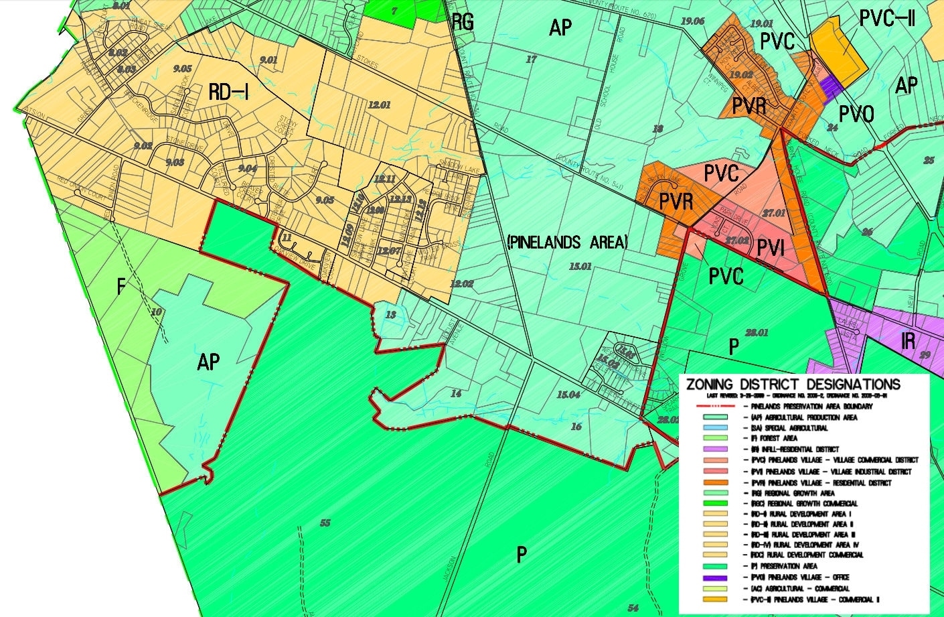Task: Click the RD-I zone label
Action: (x=228, y=92)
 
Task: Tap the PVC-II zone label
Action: (x=887, y=19)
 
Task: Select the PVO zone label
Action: (x=856, y=115)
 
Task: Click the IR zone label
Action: (x=909, y=341)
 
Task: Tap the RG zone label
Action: (x=463, y=22)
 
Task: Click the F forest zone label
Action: (x=121, y=287)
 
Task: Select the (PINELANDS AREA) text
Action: (x=568, y=242)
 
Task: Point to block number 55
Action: (x=325, y=523)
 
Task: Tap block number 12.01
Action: (x=379, y=105)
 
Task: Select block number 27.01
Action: (x=773, y=212)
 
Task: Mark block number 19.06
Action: (x=692, y=21)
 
